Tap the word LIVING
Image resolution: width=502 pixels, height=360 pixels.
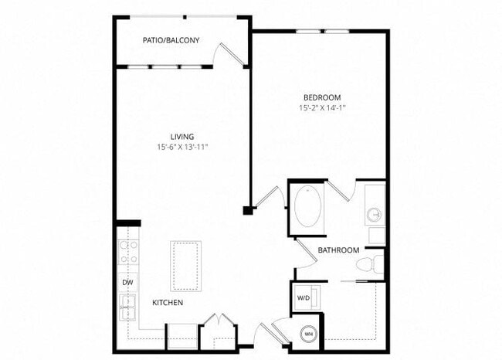(182, 136)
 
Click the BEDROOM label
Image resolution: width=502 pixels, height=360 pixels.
(322, 97)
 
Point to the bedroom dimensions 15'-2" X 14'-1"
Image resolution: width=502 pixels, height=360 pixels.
(322, 108)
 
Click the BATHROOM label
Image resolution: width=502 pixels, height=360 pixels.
(338, 250)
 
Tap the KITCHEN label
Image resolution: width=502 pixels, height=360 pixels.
(167, 302)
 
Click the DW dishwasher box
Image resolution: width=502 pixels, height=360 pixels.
(127, 283)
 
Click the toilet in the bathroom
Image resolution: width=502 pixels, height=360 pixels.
(370, 263)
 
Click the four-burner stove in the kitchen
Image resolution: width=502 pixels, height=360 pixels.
(127, 253)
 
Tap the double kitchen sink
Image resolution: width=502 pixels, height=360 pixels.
(127, 306)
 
